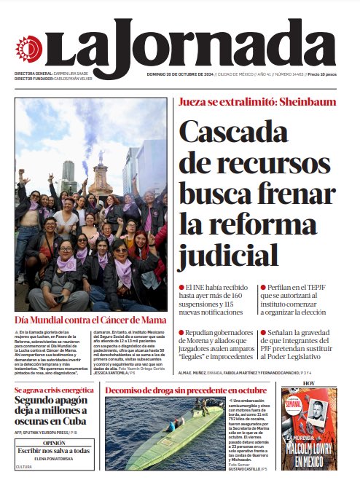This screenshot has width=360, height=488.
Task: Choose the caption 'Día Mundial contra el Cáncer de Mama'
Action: [90, 320]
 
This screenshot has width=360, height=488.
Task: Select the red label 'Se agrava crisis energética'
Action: [54, 391]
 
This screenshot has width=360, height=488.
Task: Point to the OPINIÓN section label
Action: [54, 442]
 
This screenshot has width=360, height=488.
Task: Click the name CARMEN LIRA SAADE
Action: [72, 74]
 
